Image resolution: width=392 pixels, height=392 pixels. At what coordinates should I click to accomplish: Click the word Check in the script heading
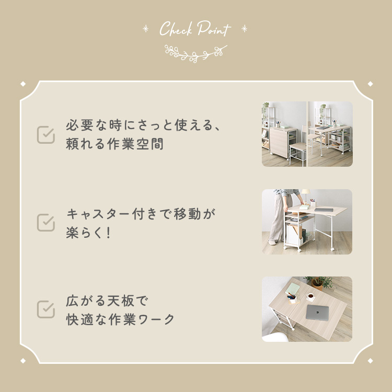pos(176,29)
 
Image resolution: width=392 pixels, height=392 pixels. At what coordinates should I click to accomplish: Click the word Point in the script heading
pos(214,29)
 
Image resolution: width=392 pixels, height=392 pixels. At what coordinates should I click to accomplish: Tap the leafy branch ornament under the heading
pos(196,53)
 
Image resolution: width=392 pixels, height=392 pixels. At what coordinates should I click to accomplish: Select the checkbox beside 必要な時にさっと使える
pos(46,135)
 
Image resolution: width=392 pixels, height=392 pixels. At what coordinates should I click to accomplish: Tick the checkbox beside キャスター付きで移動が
pos(46,222)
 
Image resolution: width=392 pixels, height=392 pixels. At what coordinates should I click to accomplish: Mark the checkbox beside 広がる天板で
pos(46,309)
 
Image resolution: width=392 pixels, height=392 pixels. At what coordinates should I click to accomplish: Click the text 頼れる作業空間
pos(115,144)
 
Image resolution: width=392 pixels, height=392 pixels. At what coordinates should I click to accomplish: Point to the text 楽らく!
pos(88,233)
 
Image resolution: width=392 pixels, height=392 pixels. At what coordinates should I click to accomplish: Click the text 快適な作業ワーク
pos(120,319)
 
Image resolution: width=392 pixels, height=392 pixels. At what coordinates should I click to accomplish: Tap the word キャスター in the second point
pos(98,214)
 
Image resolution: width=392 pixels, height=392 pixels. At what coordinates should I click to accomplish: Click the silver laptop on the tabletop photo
pos(317,313)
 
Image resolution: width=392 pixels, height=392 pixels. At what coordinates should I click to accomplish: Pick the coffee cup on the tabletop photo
pos(310,296)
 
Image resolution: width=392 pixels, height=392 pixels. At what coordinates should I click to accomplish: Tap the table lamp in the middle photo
pos(305,195)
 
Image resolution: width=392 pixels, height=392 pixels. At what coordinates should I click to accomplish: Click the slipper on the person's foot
pos(272,242)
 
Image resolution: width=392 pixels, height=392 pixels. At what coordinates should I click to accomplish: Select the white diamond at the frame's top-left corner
pos(23,84)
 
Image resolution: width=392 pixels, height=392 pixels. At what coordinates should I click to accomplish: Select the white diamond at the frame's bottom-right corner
pos(370,361)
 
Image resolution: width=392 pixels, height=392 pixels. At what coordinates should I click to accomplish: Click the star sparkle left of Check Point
pos(145,29)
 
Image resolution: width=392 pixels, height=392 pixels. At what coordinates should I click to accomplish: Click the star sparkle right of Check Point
pos(245,29)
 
